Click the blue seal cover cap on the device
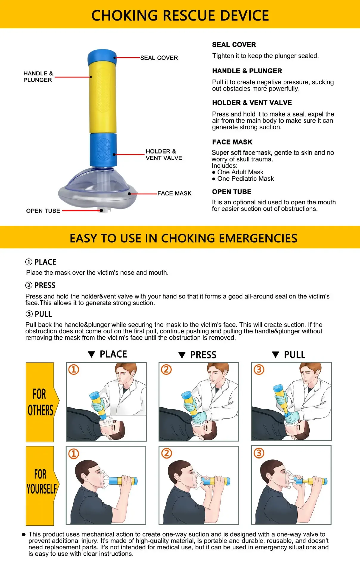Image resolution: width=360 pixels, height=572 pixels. click(102, 56)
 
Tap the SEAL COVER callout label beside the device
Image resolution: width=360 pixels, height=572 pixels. click(159, 58)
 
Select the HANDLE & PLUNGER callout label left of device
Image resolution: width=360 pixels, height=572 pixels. click(38, 77)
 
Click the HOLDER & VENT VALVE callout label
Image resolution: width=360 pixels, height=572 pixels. click(164, 155)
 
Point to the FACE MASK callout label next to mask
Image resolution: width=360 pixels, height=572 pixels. click(174, 193)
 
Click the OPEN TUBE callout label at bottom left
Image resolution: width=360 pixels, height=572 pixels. click(43, 211)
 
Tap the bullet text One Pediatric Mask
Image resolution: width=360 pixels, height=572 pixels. click(245, 179)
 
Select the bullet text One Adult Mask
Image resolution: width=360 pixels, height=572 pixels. click(240, 172)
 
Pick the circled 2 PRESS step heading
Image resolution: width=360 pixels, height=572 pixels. click(41, 285)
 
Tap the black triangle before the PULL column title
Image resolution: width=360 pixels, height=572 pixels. click(275, 355)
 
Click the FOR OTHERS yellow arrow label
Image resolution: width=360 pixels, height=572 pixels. click(41, 402)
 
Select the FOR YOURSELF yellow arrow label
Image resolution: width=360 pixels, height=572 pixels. click(41, 481)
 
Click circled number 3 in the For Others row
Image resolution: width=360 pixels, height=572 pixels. click(259, 370)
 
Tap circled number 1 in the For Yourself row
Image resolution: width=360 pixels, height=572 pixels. click(74, 454)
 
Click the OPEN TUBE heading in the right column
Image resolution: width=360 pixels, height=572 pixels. click(232, 192)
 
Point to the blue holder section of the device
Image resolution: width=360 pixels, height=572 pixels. click(103, 150)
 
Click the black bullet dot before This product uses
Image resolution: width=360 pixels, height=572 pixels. click(24, 534)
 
